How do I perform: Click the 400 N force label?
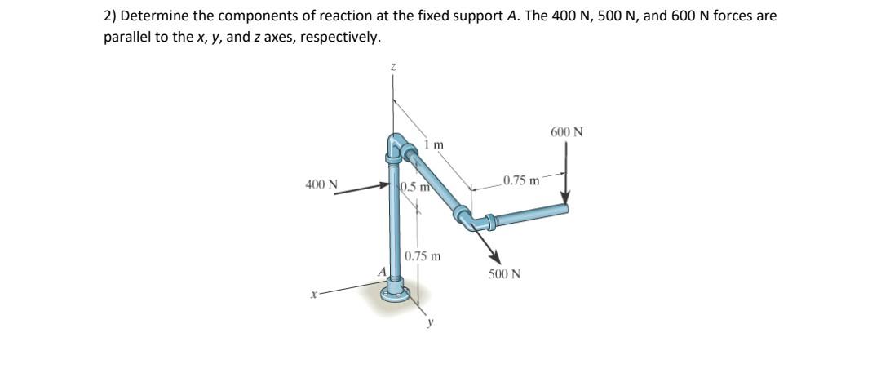321,185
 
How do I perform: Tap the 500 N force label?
504,273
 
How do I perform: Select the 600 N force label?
567,131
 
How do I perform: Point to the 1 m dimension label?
434,145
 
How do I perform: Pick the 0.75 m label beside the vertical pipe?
423,255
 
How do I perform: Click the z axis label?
392,73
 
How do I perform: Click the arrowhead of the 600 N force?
564,202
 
